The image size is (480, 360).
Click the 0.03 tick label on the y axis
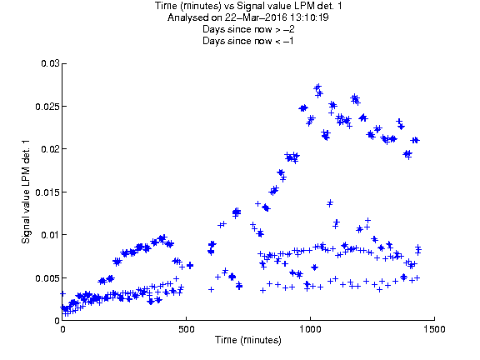[50, 63]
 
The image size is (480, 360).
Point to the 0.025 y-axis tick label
[47, 107]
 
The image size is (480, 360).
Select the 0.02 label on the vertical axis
[50, 149]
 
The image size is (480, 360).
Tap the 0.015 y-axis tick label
[47, 192]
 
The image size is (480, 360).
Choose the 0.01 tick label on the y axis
[50, 235]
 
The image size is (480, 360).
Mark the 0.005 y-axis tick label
[47, 278]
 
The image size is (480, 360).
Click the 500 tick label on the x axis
[187, 329]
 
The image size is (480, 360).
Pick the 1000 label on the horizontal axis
[310, 329]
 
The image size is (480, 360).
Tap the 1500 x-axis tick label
[434, 329]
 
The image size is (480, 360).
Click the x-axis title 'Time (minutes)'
[248, 340]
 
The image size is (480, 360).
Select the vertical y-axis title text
[26, 192]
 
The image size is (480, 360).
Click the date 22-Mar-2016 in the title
[255, 17]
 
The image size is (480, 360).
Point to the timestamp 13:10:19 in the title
[308, 17]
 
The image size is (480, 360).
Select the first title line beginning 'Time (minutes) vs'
[248, 6]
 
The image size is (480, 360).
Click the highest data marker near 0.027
[318, 87]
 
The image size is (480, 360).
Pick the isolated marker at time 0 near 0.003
[62, 293]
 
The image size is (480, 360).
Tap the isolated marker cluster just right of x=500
[190, 265]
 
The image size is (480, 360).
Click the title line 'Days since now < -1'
[248, 41]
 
